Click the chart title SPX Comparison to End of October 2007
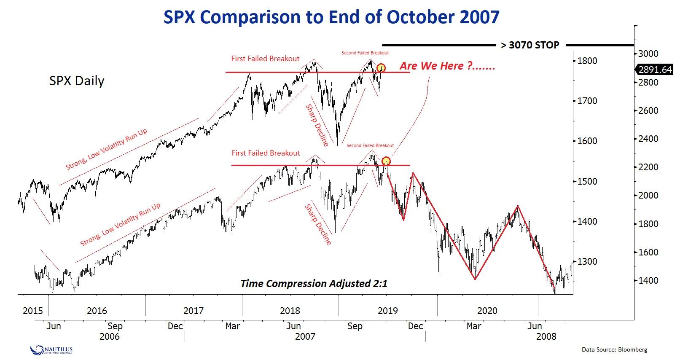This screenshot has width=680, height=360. pyautogui.click(x=331, y=17)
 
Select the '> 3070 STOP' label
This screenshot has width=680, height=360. pyautogui.click(x=530, y=45)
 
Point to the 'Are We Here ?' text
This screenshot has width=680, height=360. pyautogui.click(x=447, y=66)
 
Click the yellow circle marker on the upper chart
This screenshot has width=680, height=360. pyautogui.click(x=381, y=67)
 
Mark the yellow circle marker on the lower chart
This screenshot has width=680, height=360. pyautogui.click(x=386, y=161)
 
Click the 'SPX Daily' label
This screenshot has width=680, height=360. pyautogui.click(x=77, y=81)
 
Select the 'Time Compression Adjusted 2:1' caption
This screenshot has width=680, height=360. pyautogui.click(x=314, y=283)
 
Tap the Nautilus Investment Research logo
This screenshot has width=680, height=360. pyautogui.click(x=51, y=349)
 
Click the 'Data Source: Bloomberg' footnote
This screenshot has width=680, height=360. pyautogui.click(x=614, y=349)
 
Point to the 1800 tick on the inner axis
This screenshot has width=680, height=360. pyautogui.click(x=587, y=61)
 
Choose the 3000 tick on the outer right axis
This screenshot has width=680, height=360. pyautogui.click(x=648, y=54)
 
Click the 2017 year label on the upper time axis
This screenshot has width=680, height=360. pyautogui.click(x=194, y=311)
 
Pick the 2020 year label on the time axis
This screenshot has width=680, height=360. pyautogui.click(x=487, y=311)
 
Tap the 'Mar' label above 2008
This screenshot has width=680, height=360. pyautogui.click(x=474, y=326)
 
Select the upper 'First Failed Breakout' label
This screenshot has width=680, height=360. pyautogui.click(x=265, y=59)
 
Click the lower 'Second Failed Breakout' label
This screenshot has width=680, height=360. pyautogui.click(x=370, y=145)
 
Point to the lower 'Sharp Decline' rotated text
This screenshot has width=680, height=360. pyautogui.click(x=318, y=224)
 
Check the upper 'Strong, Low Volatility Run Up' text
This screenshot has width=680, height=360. pyautogui.click(x=106, y=148)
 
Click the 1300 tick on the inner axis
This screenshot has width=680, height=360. pyautogui.click(x=587, y=261)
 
